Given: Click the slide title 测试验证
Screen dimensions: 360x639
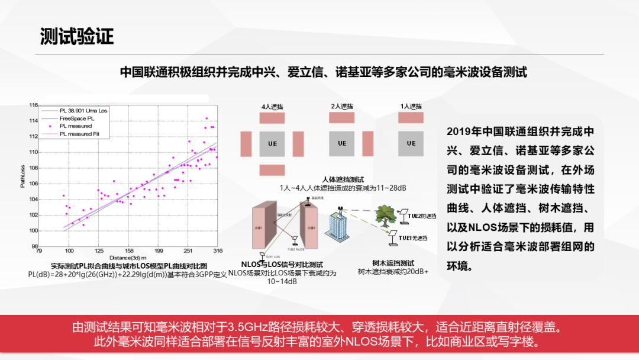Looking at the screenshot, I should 76,37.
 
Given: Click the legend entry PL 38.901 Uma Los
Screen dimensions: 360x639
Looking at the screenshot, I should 83,110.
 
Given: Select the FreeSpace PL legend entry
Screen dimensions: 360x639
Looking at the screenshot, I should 76,118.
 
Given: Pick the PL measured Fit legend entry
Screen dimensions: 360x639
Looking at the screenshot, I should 83,134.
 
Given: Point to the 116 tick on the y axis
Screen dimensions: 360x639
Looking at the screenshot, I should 34,105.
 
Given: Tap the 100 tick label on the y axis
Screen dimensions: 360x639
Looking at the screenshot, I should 34,230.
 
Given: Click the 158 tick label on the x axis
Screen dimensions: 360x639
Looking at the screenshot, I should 129,250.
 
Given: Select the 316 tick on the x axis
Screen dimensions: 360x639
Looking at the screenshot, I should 217,250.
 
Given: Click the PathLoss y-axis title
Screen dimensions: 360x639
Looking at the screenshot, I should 22,176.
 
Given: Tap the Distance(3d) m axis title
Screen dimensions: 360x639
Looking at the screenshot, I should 128,257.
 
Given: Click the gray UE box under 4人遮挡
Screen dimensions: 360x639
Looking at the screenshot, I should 273,144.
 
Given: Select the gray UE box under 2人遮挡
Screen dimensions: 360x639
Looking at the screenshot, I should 341,143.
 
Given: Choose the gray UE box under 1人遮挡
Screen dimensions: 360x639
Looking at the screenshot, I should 411,143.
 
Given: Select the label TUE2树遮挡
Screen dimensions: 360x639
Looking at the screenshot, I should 421,216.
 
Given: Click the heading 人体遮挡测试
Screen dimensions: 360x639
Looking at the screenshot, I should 343,179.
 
